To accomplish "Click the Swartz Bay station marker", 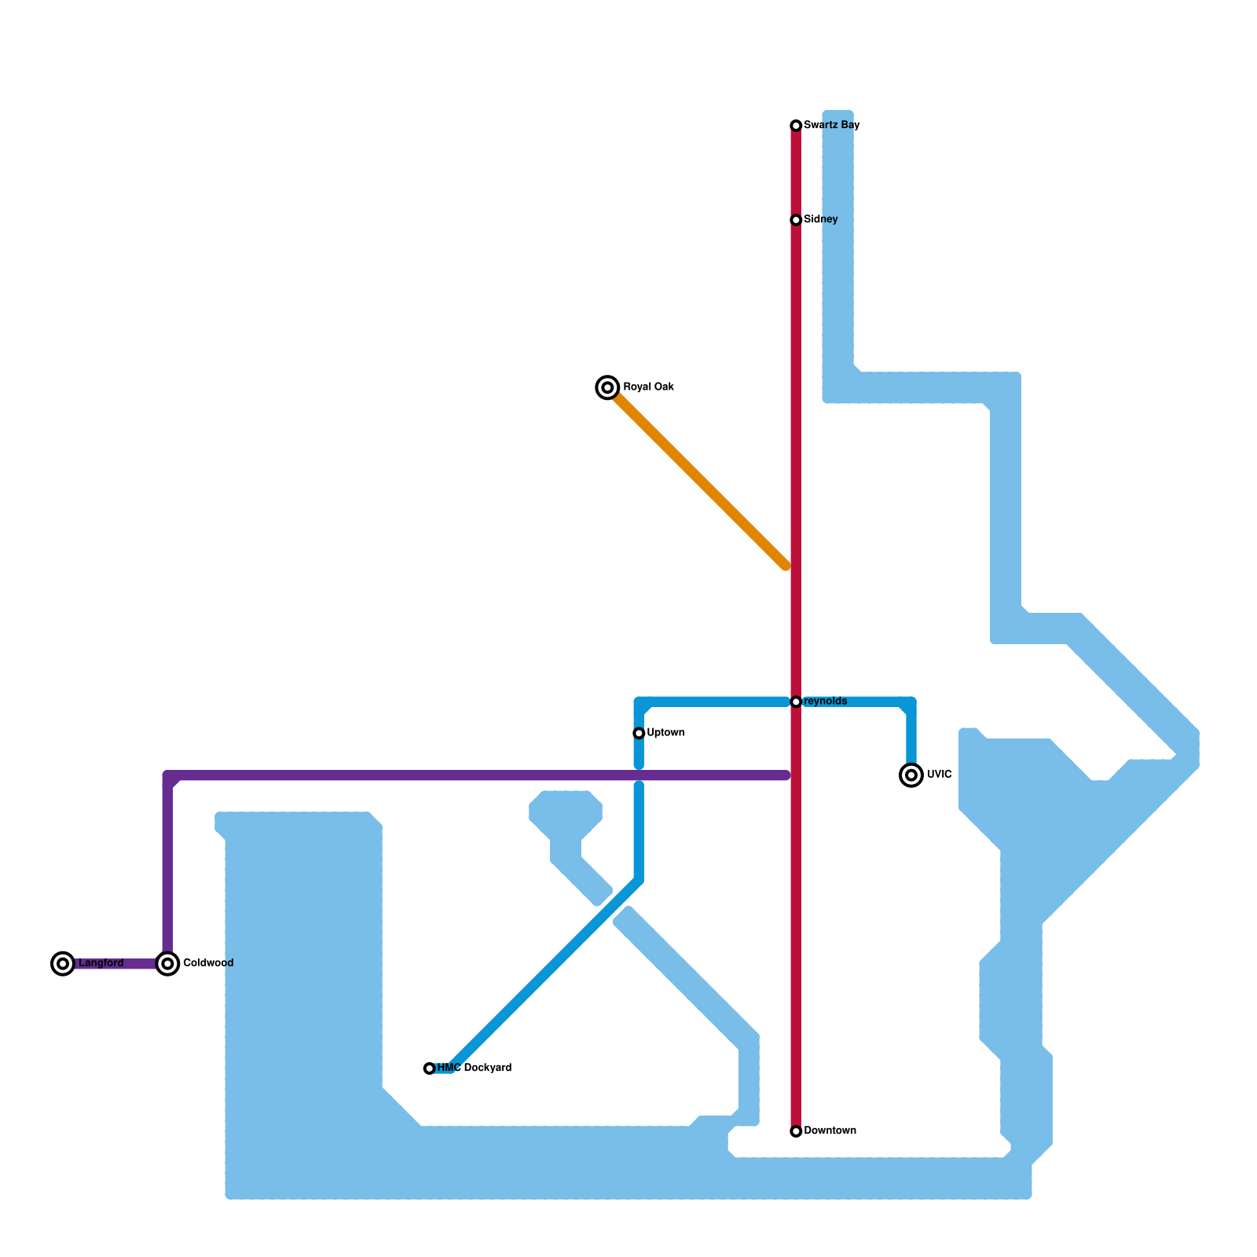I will click(796, 126).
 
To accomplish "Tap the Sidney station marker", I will click(796, 220).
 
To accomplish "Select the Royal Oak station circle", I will click(607, 387).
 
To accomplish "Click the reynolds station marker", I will click(796, 702).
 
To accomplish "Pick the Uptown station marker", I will click(639, 733).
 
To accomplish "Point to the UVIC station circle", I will click(911, 775).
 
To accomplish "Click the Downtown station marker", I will click(796, 1131).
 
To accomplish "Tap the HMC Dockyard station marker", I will click(429, 1068).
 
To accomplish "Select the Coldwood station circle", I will click(167, 963).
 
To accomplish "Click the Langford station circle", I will click(63, 963).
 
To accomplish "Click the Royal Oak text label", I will click(648, 387).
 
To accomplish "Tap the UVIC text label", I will click(940, 775).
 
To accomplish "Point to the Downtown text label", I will click(830, 1131).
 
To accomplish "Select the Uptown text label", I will click(665, 733).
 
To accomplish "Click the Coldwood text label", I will click(208, 963).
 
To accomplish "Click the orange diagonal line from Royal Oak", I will click(699, 479).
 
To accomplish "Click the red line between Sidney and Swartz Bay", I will click(796, 173).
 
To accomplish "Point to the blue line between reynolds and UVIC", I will click(856, 702).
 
